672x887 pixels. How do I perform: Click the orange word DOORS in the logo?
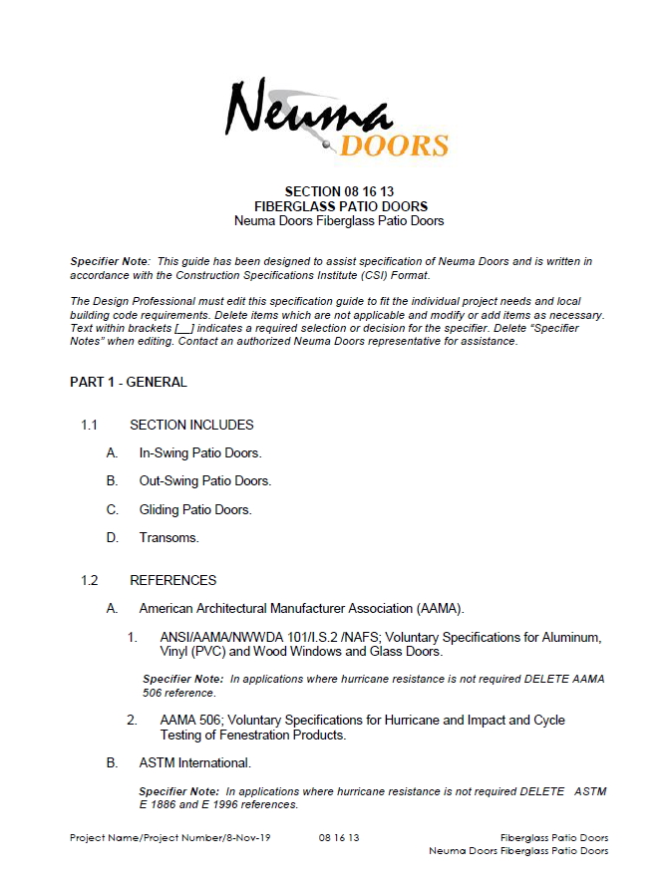point(394,146)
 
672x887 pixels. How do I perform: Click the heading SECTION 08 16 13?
point(339,191)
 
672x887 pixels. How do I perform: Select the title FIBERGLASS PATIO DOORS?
point(339,206)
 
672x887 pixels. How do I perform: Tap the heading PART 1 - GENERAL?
point(129,382)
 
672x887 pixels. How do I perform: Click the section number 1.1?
point(89,425)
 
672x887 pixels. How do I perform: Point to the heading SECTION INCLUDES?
point(191,425)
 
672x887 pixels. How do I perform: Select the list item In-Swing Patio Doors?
point(200,453)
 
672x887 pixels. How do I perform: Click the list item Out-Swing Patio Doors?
point(205,481)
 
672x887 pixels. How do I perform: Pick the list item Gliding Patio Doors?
point(195,509)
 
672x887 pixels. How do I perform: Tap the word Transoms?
point(168,538)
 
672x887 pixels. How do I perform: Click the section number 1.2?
point(89,580)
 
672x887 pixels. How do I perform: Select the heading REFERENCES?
point(172,580)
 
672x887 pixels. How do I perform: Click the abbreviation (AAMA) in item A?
point(442,608)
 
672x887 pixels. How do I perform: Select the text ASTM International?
point(194,763)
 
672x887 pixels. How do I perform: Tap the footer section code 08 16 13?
point(339,838)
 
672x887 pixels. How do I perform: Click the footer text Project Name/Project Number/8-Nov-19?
point(162,838)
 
